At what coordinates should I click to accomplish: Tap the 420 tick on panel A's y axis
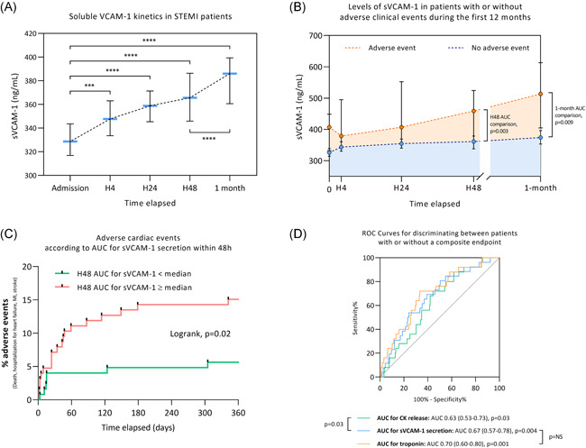(x=40, y=33)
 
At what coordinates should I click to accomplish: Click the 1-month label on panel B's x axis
(x=541, y=187)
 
